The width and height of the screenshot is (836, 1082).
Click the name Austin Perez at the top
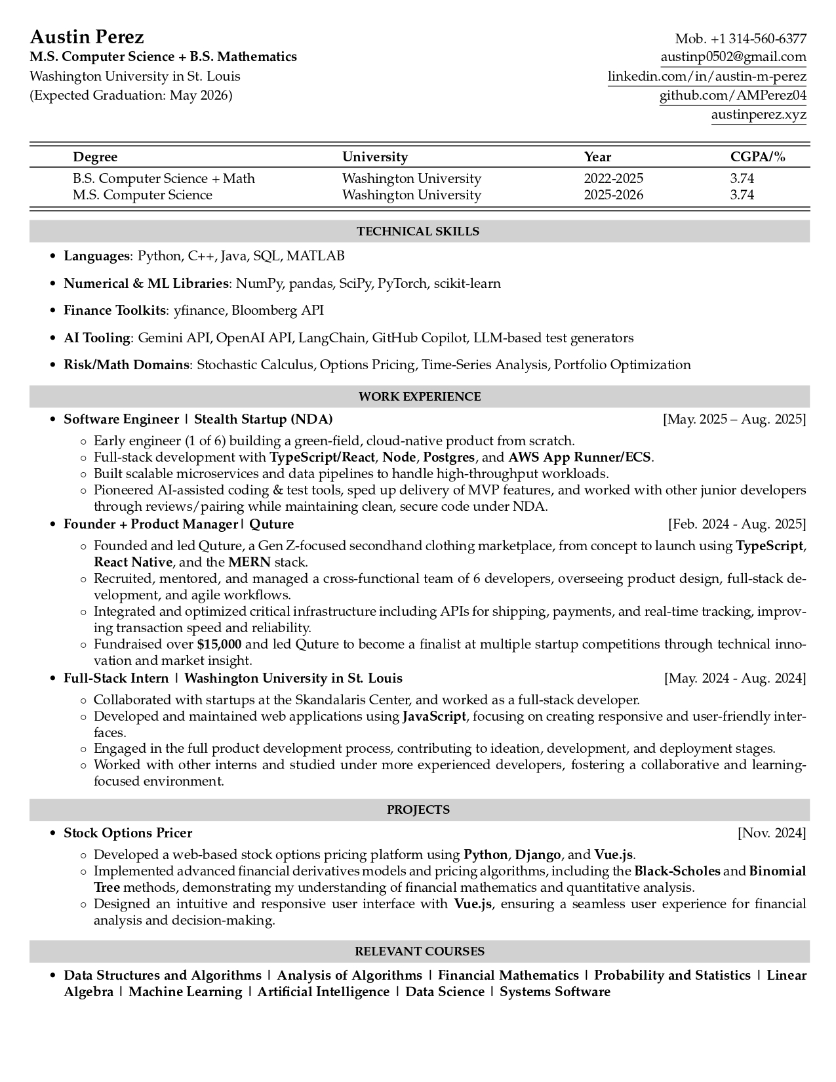point(87,37)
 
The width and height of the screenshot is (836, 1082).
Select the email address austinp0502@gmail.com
point(733,57)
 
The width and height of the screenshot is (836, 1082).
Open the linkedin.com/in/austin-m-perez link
point(707,76)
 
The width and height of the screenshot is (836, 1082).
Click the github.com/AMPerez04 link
point(732,96)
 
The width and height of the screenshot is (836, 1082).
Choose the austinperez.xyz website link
point(759,115)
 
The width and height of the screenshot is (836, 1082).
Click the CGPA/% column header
point(757,157)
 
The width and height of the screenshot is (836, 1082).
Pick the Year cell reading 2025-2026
point(613,195)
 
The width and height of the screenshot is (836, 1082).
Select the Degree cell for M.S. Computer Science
point(142,195)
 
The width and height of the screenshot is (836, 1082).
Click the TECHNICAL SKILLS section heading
point(418,231)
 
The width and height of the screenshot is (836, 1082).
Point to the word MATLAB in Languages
point(315,256)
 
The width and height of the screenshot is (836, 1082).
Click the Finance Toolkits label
point(115,310)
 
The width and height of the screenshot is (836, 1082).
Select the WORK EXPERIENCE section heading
point(419,397)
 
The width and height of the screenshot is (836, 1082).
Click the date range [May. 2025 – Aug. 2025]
point(734,419)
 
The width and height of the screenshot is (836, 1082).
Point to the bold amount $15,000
point(219,644)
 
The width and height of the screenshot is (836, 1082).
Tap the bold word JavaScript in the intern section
point(434,716)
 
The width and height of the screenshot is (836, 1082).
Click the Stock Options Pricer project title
point(128,833)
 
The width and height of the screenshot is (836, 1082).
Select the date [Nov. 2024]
point(772,833)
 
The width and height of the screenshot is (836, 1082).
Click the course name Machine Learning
point(185,992)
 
